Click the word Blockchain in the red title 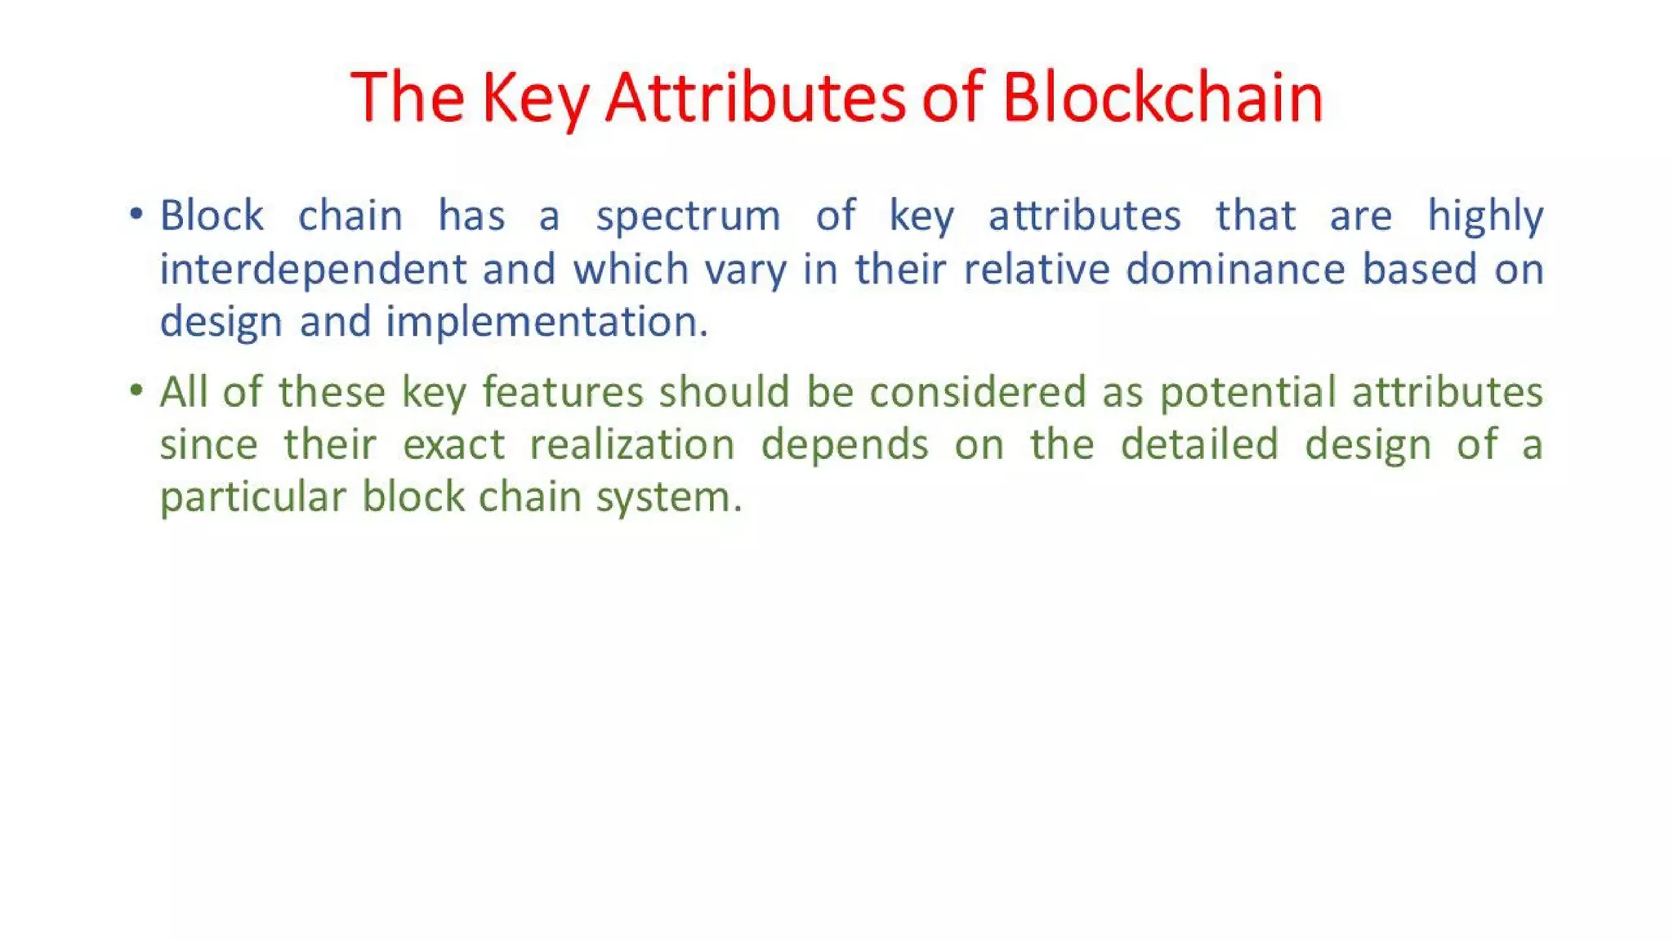[x=1162, y=97]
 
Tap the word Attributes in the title [x=755, y=97]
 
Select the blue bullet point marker [x=136, y=215]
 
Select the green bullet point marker [x=136, y=390]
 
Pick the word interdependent [x=313, y=270]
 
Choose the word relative [x=1036, y=269]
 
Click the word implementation [x=547, y=322]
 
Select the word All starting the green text [x=184, y=391]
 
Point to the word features [x=563, y=391]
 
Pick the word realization [x=631, y=444]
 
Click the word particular [x=252, y=497]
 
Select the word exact [x=453, y=444]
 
